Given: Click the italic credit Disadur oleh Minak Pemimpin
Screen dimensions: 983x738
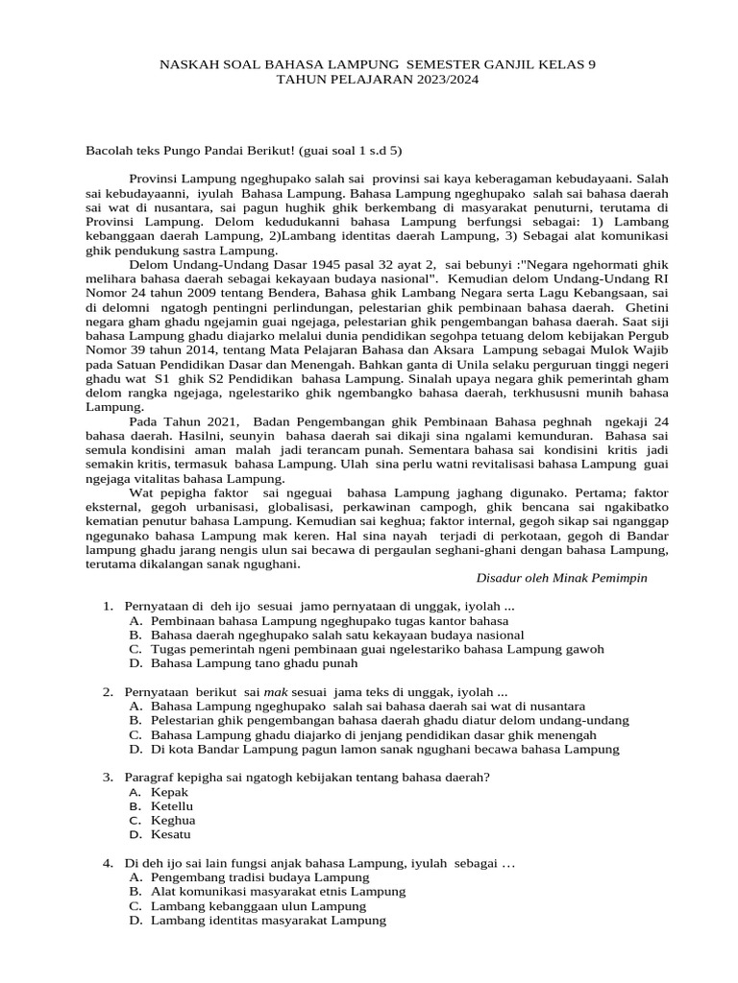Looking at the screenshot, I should [x=562, y=578].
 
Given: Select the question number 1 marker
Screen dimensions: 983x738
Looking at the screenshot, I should [x=108, y=607].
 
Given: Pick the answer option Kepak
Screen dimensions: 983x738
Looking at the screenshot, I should [x=169, y=792].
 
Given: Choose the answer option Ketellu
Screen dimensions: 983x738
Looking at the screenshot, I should [x=173, y=806].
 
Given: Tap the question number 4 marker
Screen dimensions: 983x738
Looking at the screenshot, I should [x=108, y=864].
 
